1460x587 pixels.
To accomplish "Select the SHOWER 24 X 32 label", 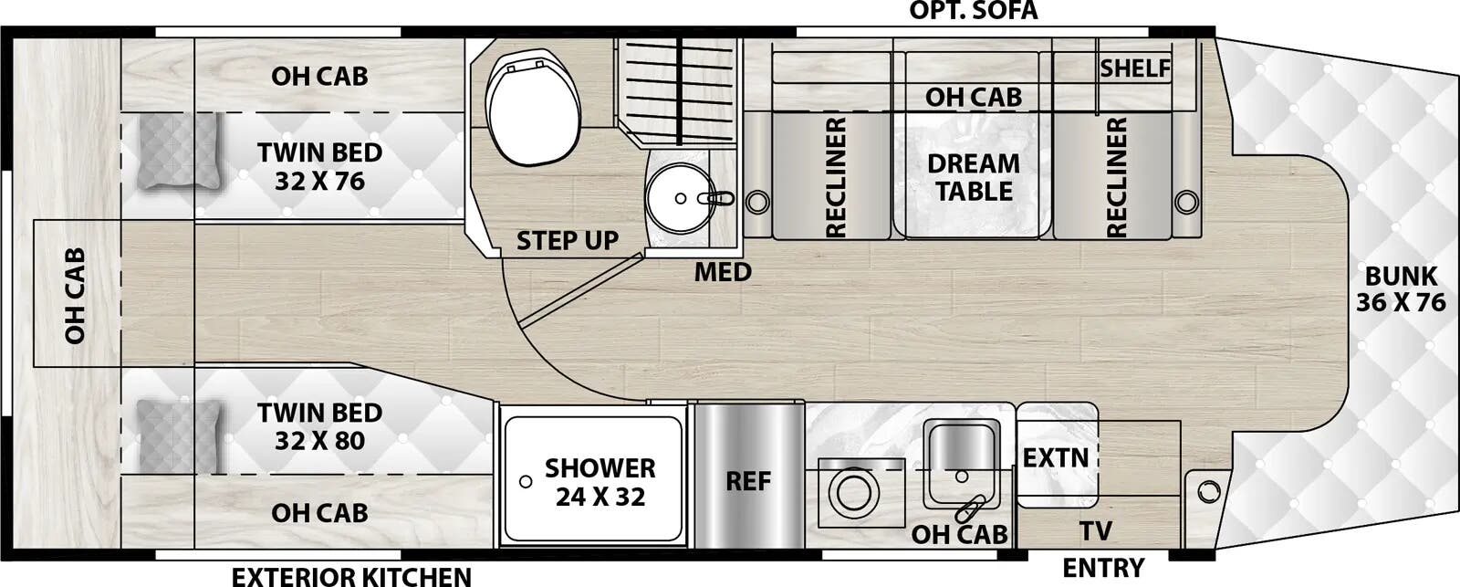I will (x=600, y=482).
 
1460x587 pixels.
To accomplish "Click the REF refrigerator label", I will (x=748, y=480).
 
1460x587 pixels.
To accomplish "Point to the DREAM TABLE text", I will (x=974, y=178).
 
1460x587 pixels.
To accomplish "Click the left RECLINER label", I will (x=835, y=177).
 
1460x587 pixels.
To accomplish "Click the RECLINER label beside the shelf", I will (x=1116, y=177).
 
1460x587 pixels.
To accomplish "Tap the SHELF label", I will (x=1135, y=68).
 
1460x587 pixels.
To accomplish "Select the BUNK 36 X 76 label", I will (x=1401, y=288).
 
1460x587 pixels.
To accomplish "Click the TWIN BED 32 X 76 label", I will (x=319, y=166).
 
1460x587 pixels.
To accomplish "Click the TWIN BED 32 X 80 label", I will (x=319, y=426).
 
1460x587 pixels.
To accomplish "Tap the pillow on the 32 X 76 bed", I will (x=181, y=152).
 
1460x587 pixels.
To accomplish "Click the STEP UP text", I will (x=568, y=241).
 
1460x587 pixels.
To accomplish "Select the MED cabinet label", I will (x=723, y=271).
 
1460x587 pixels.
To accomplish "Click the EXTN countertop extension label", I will (x=1055, y=457).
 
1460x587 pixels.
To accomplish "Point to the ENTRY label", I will (x=1102, y=568).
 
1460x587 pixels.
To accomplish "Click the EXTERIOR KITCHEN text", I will (x=351, y=576).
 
